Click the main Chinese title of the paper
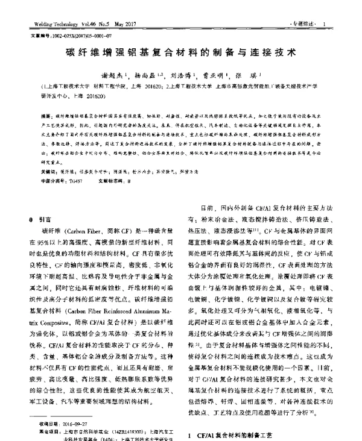coord(180,52)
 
